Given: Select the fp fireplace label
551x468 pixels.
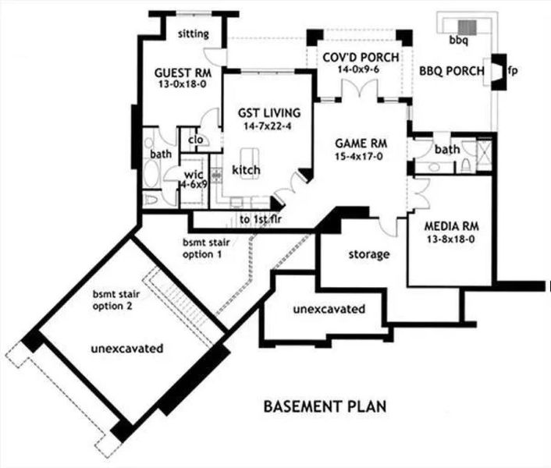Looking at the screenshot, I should pos(512,71).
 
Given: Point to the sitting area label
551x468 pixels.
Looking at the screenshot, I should pos(194,34).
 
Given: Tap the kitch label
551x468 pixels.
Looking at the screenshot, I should pos(246,170).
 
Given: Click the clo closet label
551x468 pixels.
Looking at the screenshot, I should pos(196,141).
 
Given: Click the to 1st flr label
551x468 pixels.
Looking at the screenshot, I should pos(260,220).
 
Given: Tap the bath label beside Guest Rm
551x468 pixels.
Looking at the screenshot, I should pos(161,154).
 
